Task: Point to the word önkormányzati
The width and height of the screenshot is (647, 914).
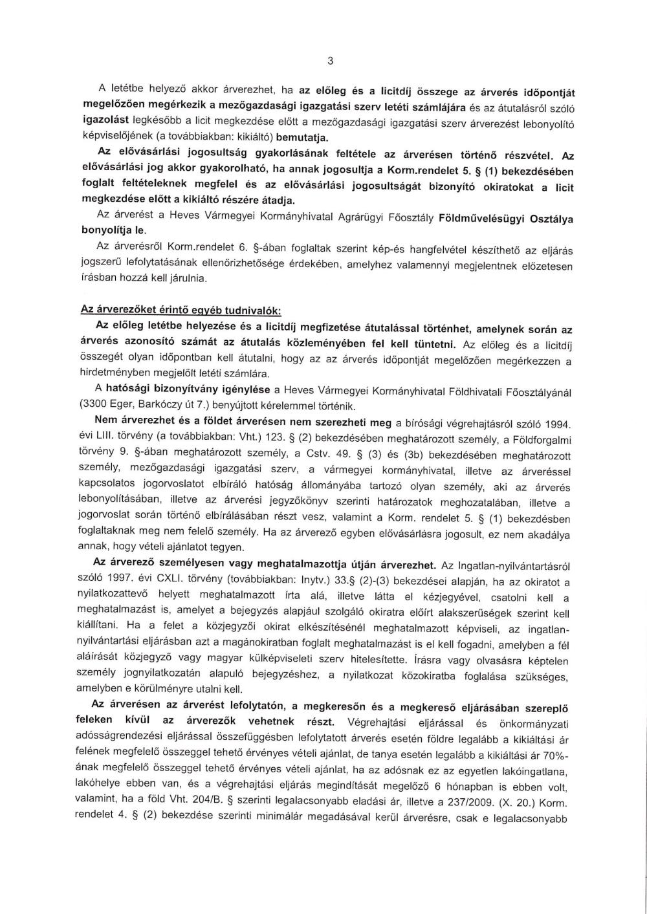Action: [535, 721]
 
